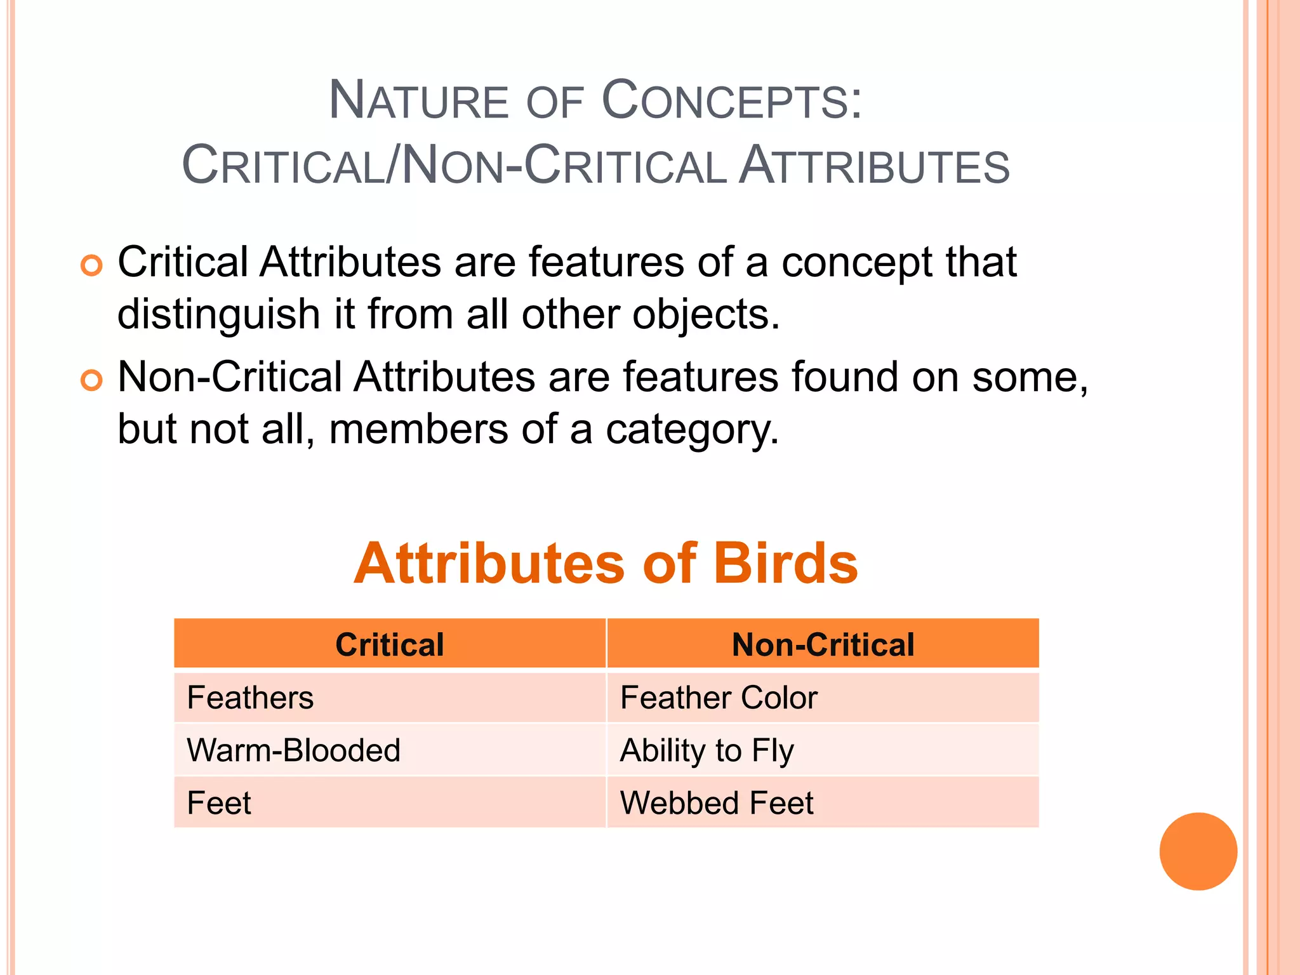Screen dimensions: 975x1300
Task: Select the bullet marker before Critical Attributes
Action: (x=91, y=265)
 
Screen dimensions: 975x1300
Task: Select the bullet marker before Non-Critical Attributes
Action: (x=91, y=380)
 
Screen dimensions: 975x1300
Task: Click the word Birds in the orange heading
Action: (x=785, y=564)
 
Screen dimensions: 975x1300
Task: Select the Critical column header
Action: (x=390, y=644)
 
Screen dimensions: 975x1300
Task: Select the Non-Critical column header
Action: (x=823, y=644)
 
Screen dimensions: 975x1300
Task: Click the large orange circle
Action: (x=1198, y=851)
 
